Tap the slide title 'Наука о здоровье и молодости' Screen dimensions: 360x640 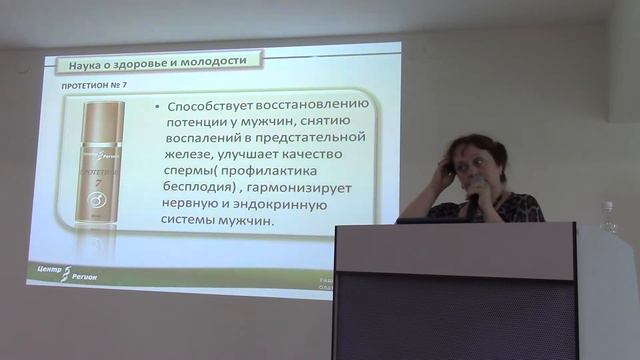tap(158, 63)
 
